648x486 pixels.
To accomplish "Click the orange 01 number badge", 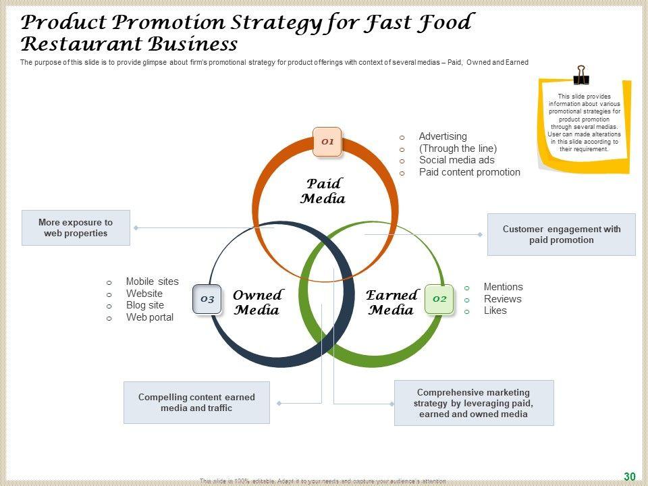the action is [x=327, y=142].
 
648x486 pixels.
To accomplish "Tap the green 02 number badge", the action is [x=439, y=298].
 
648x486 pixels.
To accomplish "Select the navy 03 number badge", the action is [x=207, y=299].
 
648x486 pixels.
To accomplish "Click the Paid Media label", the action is [x=323, y=191].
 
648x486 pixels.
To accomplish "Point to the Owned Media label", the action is [x=256, y=302].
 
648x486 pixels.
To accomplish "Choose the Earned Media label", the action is [x=391, y=302].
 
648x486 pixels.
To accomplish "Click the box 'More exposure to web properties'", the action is [x=76, y=227].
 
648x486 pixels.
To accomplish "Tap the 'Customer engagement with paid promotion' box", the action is [x=562, y=234].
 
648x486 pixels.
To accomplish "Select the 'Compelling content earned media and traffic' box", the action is [x=196, y=402].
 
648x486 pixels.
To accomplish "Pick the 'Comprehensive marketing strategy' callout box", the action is [x=474, y=403].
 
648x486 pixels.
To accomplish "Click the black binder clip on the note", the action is [x=580, y=74].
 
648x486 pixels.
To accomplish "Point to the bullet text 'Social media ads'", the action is [x=456, y=160].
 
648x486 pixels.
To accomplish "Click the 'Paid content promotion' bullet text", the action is [x=469, y=172].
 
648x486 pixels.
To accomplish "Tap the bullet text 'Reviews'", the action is [x=502, y=299].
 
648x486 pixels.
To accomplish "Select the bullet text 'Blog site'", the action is [x=144, y=305].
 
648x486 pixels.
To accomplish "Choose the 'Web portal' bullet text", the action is [x=149, y=317].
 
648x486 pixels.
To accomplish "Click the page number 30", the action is [x=630, y=477].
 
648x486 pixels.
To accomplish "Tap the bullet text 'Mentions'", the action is [x=503, y=287].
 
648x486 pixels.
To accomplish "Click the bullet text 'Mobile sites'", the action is [x=152, y=281].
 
